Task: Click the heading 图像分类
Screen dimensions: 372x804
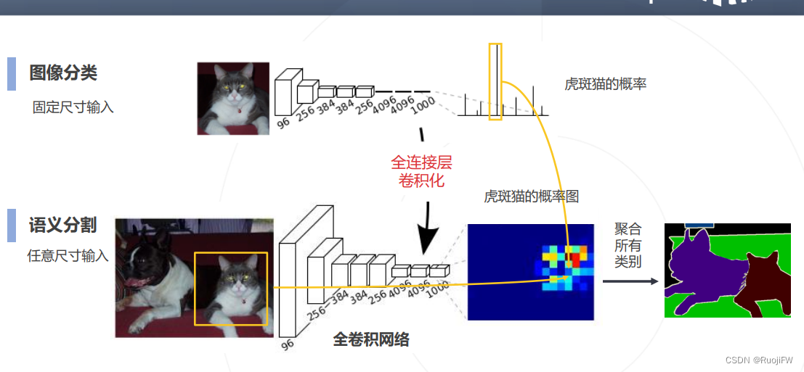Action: [63, 73]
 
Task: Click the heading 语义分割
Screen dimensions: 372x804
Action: [63, 225]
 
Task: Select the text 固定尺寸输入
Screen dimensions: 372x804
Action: [73, 107]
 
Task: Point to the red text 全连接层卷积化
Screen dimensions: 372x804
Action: [421, 171]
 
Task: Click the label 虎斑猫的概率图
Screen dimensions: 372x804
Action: [531, 197]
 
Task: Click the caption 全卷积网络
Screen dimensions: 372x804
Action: [370, 339]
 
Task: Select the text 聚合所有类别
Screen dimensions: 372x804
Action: [628, 245]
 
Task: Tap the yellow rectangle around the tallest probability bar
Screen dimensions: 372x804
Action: [495, 81]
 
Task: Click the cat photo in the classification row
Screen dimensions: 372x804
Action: [233, 99]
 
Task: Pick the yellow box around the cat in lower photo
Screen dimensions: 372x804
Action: [231, 289]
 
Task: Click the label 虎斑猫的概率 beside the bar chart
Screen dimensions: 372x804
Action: [605, 84]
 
